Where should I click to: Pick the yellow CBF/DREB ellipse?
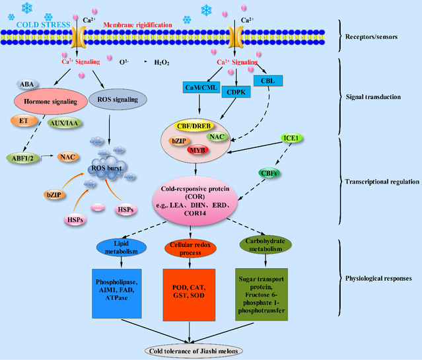pos(202,125)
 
